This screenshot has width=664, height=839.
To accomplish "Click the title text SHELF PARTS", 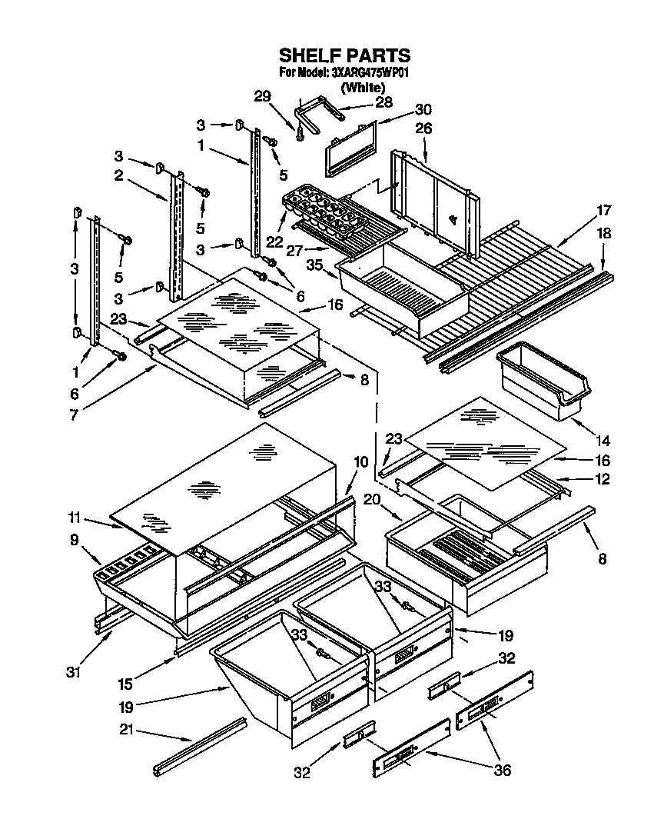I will (344, 55).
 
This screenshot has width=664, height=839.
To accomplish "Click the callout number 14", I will (603, 441).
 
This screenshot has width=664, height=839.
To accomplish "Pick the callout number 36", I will (503, 770).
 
